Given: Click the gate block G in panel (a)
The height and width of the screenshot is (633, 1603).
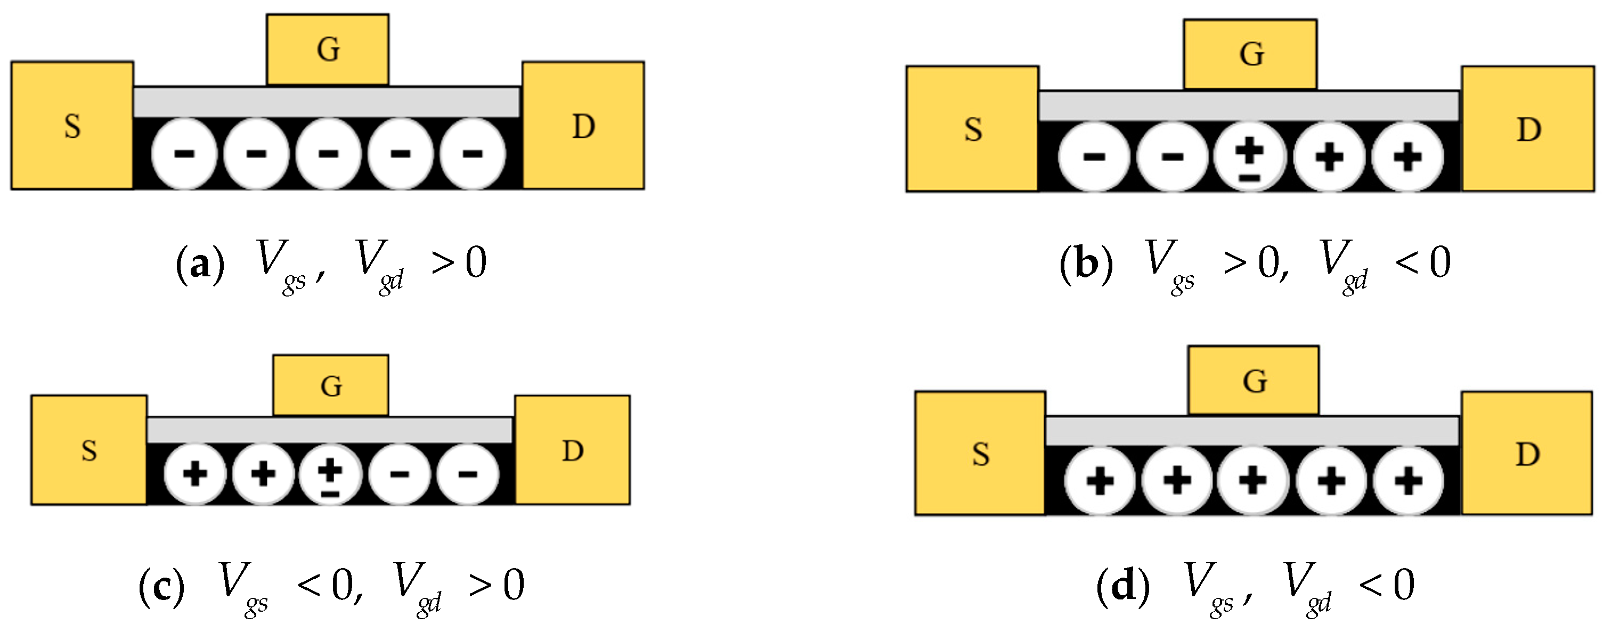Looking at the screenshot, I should [x=328, y=50].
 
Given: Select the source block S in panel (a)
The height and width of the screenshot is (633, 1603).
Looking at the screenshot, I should [x=72, y=126].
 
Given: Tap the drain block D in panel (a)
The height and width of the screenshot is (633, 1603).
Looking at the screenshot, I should [x=583, y=126].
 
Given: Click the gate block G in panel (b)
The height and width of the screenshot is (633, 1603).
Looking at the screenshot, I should [x=1250, y=54].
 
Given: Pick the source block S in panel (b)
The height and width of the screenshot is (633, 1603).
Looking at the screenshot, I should [x=972, y=129].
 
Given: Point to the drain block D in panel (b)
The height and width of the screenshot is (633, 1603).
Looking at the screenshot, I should [x=1528, y=129].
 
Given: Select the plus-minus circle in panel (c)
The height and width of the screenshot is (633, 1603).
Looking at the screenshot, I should [x=330, y=474].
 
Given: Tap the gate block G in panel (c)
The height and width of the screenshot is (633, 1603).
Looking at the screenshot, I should [x=330, y=385].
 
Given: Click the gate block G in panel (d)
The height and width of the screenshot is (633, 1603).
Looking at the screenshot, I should [x=1254, y=381].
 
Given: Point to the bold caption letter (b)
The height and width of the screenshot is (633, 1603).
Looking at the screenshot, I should [x=1086, y=264].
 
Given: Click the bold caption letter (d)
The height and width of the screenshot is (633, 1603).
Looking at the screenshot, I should [x=1122, y=586].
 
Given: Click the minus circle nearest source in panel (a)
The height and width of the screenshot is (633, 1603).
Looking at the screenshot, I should [x=184, y=153].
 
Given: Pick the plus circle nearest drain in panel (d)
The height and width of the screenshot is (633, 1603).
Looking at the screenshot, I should [x=1408, y=481].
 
